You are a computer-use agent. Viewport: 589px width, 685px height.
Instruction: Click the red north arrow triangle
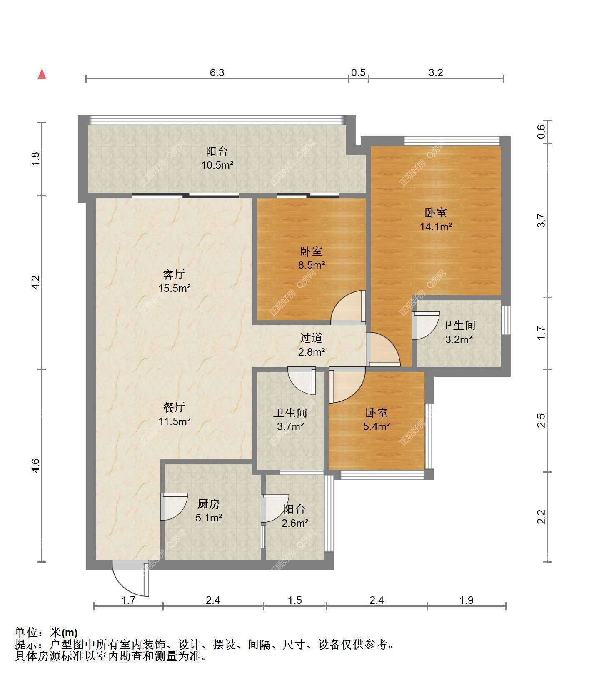pos(42,74)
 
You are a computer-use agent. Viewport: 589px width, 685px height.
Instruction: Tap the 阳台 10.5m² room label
pos(217,158)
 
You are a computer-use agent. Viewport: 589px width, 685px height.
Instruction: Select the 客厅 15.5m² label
pos(174,281)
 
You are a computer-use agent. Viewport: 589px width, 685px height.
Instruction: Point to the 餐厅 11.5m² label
pos(174,414)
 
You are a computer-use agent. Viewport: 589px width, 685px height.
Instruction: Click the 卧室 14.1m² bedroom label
pos(436,219)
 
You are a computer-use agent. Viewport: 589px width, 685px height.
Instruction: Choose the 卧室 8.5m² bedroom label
pos(311,258)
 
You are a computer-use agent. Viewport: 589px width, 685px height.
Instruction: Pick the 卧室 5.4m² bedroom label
pos(377,419)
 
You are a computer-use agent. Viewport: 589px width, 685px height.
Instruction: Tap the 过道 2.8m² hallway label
pos(311,345)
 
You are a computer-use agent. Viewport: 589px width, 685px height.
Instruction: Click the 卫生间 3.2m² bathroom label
pos(459,332)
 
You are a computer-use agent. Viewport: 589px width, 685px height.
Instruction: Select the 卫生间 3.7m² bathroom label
pos(290,419)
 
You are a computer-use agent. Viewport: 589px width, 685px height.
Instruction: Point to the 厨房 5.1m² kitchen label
pos(208,511)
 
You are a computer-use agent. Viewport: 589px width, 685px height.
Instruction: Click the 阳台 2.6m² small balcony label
pos(294,516)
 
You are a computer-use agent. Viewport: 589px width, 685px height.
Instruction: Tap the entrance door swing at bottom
pos(130,578)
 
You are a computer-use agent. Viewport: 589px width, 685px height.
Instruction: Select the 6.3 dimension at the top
pos(217,73)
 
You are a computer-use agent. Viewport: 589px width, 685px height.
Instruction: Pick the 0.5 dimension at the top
pos(358,73)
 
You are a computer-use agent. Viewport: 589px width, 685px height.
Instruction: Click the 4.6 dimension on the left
pos(36,465)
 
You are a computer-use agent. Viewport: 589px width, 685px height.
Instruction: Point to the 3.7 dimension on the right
pos(541,220)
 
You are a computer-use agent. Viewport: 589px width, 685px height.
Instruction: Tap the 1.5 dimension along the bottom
pos(294,600)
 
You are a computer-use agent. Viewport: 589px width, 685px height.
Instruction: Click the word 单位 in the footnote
pos(25,633)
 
